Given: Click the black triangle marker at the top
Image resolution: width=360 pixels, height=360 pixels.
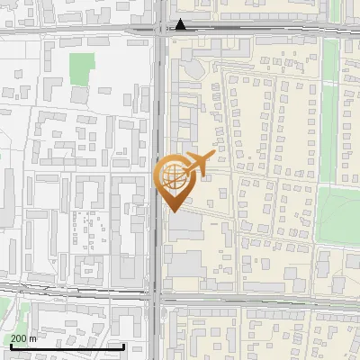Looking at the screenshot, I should click(182, 24).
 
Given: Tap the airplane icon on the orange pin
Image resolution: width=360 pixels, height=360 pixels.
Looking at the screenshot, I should click(198, 163).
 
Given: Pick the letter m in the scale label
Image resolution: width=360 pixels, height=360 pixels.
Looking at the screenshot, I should click(32, 338).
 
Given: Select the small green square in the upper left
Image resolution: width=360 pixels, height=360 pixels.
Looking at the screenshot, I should click(82, 66).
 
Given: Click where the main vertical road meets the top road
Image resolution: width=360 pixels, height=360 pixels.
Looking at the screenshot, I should click(159, 30).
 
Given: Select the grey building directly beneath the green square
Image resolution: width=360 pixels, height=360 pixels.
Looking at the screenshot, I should click(80, 94).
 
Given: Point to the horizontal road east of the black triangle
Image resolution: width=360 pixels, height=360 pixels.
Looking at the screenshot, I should click(270, 29).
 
